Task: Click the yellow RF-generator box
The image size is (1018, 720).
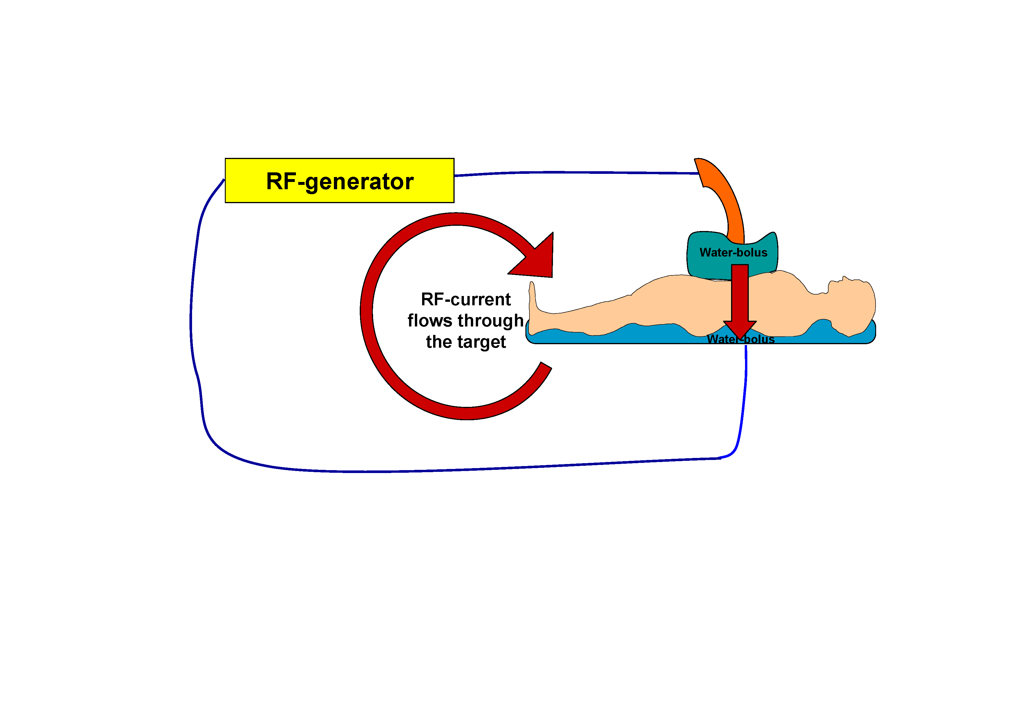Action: [x=340, y=181]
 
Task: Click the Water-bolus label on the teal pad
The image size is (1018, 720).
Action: [x=733, y=252]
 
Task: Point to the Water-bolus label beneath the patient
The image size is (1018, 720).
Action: [x=740, y=339]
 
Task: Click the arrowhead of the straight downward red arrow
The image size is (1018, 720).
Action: [x=739, y=330]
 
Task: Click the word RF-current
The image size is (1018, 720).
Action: [x=466, y=299]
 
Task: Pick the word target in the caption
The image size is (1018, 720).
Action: [x=482, y=342]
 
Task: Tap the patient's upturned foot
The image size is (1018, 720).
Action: [x=533, y=306]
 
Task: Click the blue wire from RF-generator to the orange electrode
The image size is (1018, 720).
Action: [x=576, y=172]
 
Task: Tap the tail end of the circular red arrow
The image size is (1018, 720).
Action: [x=546, y=365]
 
